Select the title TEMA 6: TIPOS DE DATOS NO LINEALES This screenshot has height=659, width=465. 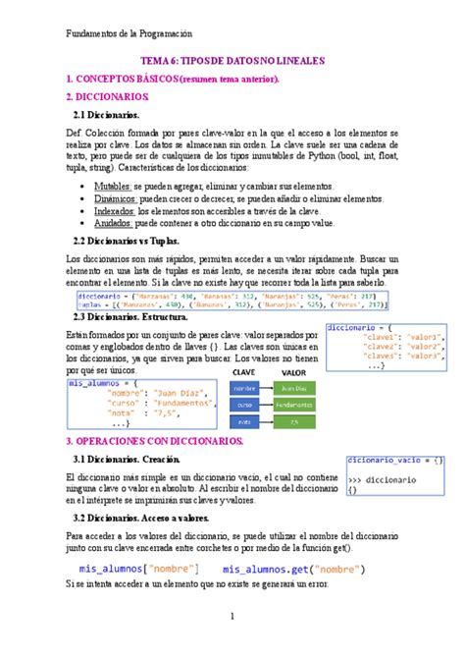(232, 61)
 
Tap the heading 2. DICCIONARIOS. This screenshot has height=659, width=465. (107, 97)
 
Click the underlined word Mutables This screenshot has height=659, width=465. (112, 185)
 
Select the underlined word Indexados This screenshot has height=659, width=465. (115, 210)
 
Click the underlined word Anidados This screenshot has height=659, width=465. (113, 223)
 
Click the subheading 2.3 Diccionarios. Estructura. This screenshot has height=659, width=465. (143, 316)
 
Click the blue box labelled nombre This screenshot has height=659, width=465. (244, 389)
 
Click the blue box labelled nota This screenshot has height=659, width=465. (244, 420)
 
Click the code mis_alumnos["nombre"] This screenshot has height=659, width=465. (132, 569)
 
